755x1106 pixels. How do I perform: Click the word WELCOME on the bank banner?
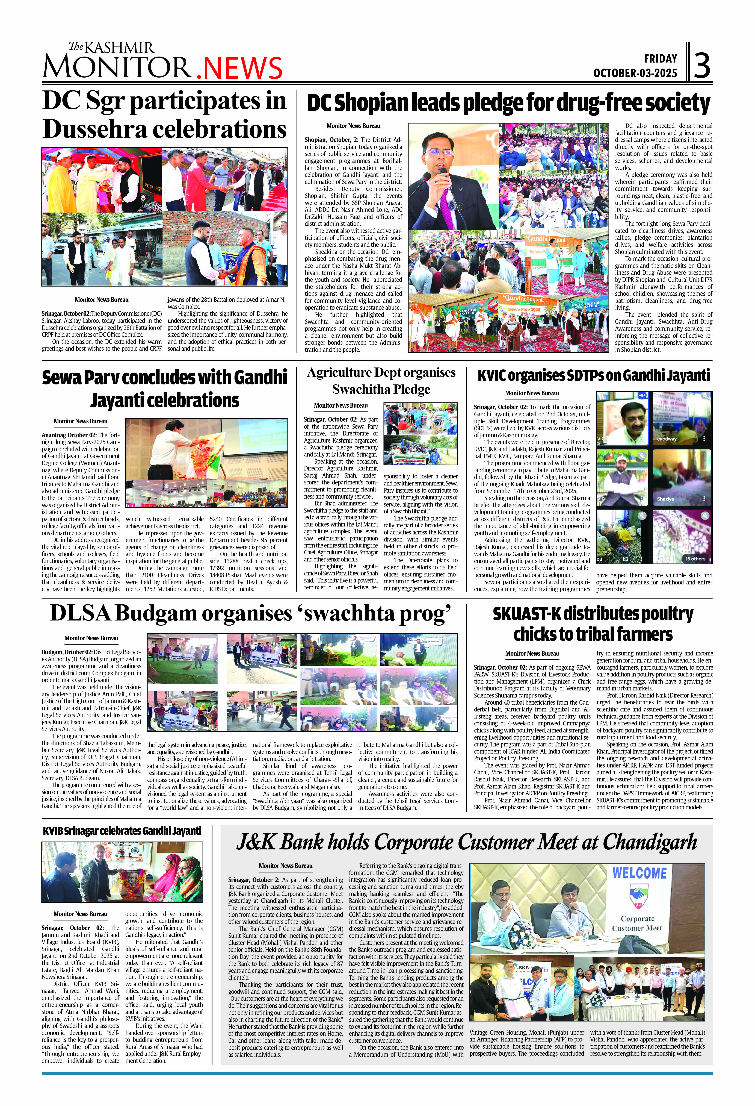coord(639,873)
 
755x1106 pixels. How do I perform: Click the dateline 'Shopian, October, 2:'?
coord(332,140)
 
